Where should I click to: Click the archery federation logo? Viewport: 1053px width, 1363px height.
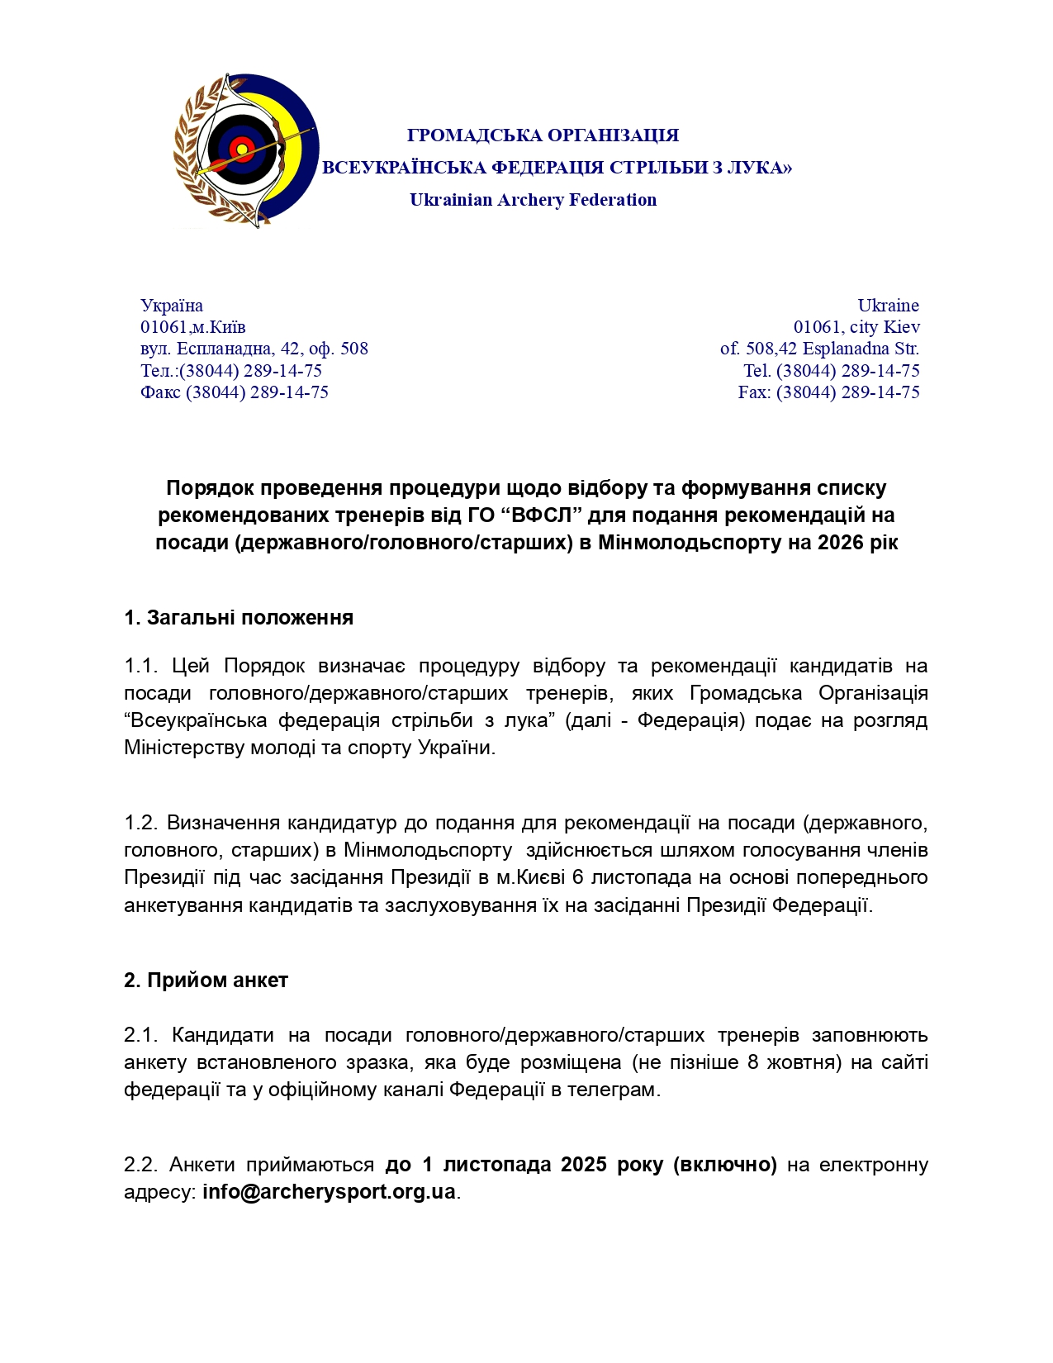pos(246,151)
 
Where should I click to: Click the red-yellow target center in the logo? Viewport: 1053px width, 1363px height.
pos(242,150)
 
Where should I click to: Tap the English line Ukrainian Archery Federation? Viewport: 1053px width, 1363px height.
pos(533,200)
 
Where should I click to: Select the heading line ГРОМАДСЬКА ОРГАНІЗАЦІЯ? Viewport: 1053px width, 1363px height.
pos(543,135)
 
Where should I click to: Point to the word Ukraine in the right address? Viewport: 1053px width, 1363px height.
pos(888,306)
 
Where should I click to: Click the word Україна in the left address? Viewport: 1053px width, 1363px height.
pos(172,306)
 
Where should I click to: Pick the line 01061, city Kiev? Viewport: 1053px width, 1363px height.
pos(856,327)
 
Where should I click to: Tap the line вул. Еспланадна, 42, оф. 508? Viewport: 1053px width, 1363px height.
pos(254,349)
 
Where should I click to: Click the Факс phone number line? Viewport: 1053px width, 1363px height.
pos(235,392)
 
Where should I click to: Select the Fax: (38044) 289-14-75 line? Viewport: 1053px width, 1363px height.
pos(828,392)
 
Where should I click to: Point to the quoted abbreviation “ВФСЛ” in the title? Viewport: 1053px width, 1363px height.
pos(541,515)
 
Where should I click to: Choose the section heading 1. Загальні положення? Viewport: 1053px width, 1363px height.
pos(239,618)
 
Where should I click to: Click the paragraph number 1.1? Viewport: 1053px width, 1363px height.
pos(141,666)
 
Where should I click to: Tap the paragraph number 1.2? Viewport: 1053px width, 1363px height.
pos(140,823)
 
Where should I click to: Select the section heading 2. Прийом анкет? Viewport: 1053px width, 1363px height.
pos(206,981)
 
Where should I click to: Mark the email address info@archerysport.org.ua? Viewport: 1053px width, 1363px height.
pos(329,1192)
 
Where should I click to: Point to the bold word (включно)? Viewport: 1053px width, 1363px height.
pos(725,1165)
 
